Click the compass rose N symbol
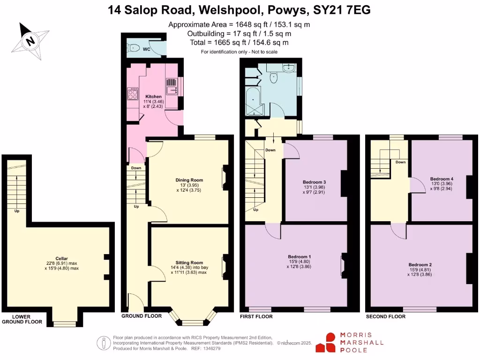point(30,40)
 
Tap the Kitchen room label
point(153,97)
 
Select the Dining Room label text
point(189,180)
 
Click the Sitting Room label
point(189,262)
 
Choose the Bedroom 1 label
point(300,256)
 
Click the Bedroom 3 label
point(314,182)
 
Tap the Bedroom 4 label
point(442,179)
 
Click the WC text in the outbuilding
point(146,49)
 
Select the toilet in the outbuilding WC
point(133,47)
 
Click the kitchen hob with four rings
point(133,94)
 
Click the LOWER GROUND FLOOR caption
point(22,319)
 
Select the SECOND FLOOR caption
point(385,317)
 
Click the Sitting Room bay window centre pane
point(191,322)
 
